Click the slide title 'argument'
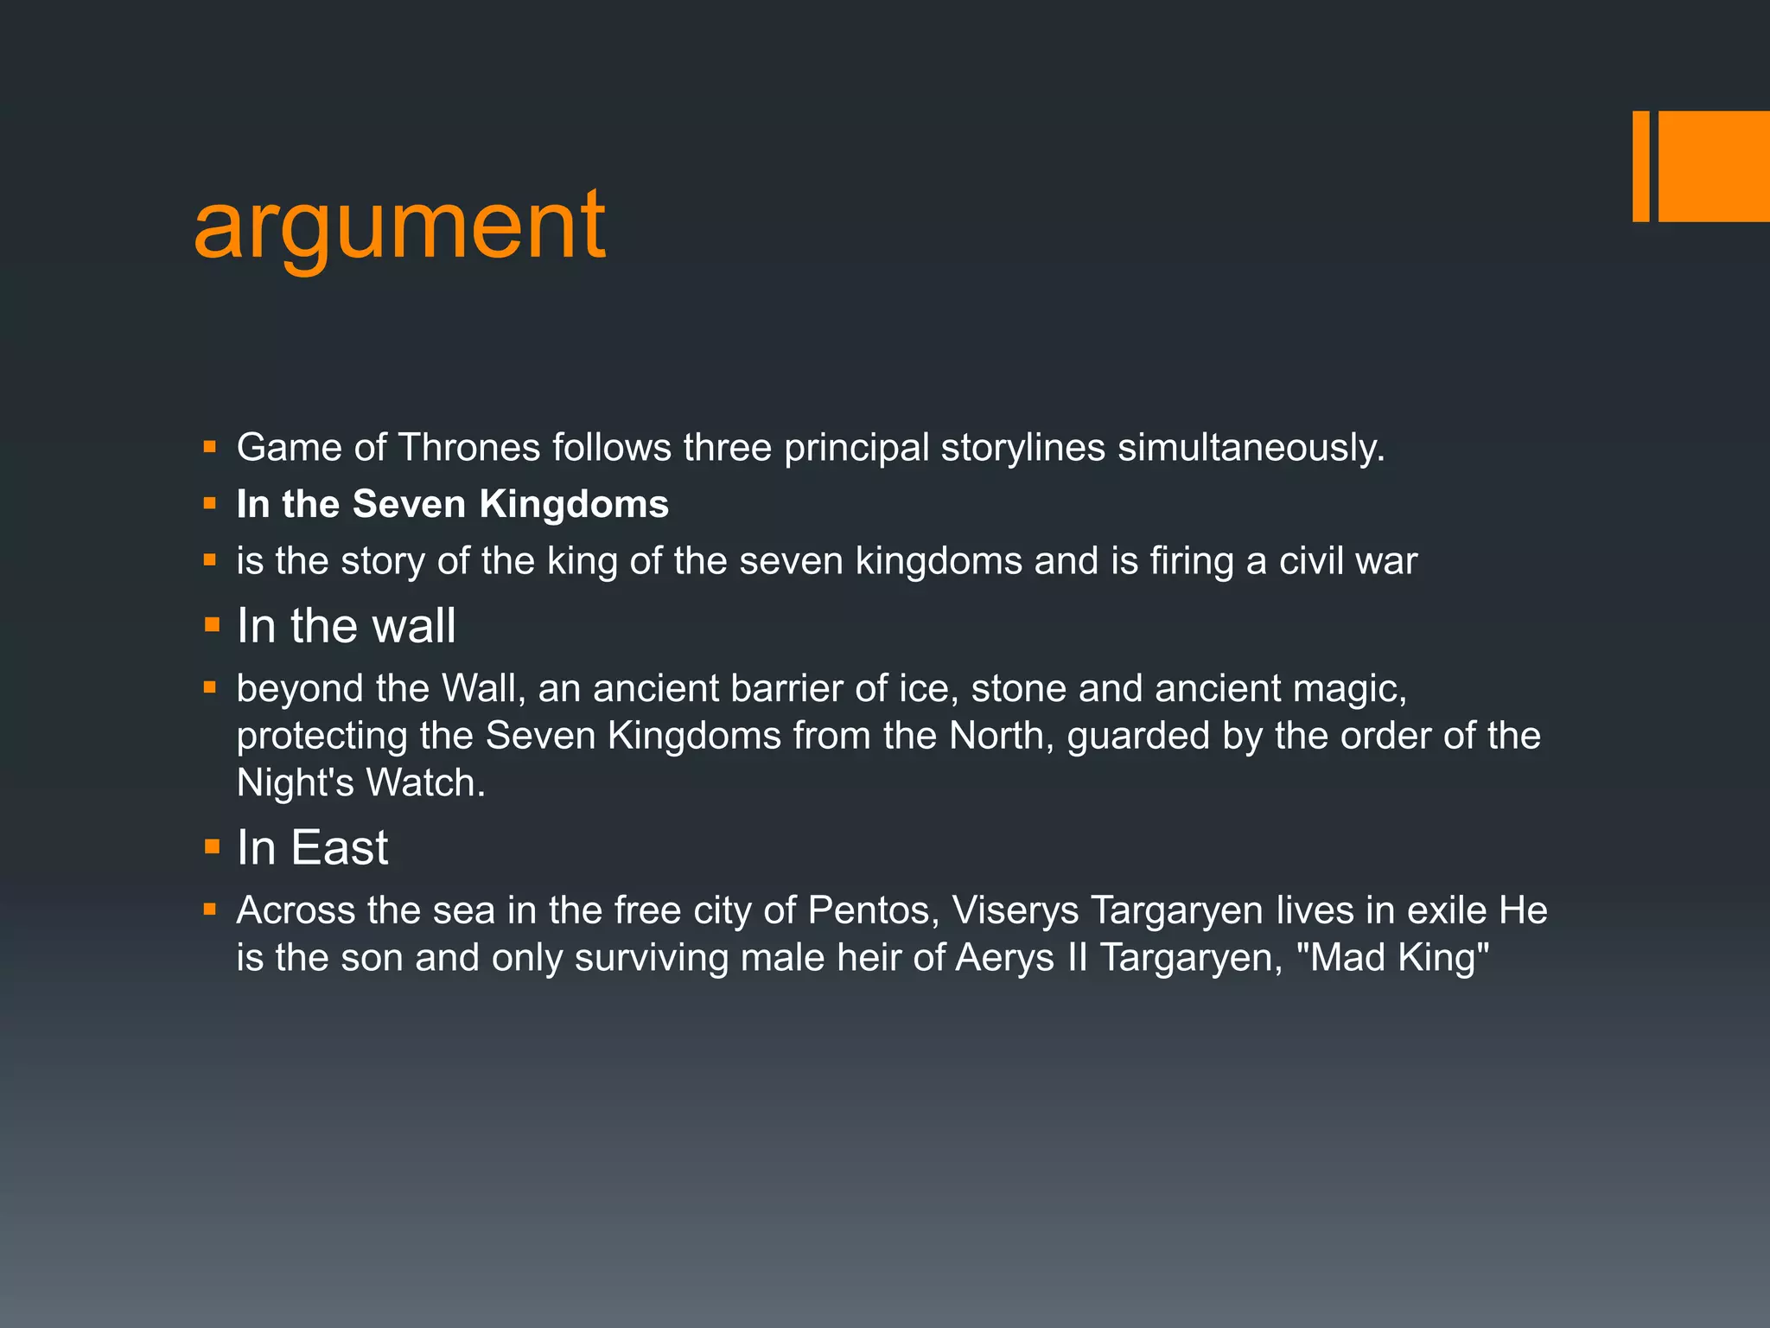[399, 227]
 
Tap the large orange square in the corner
[1714, 166]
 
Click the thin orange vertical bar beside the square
[1640, 166]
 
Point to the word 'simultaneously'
[1251, 448]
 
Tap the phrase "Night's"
[295, 782]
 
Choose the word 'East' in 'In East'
[339, 847]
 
